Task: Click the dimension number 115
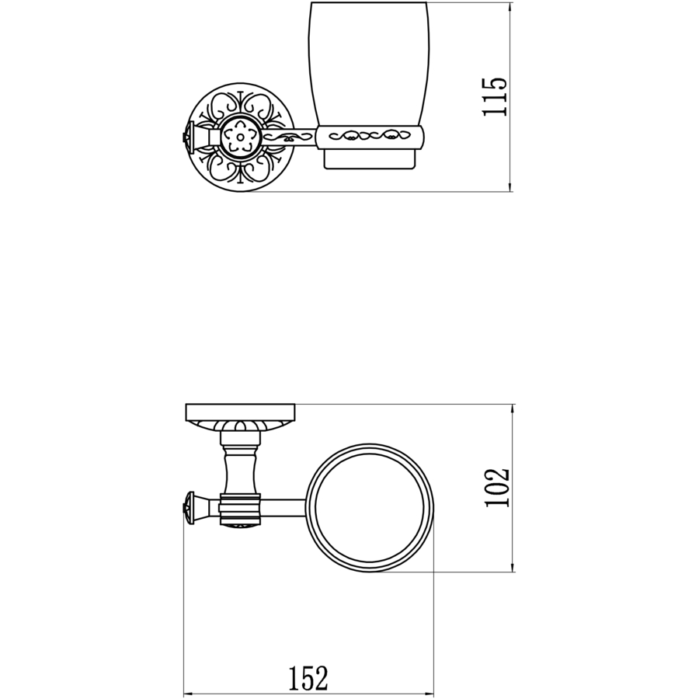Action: click(x=495, y=97)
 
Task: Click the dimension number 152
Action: click(x=308, y=678)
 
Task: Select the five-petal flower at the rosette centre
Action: click(x=242, y=137)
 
